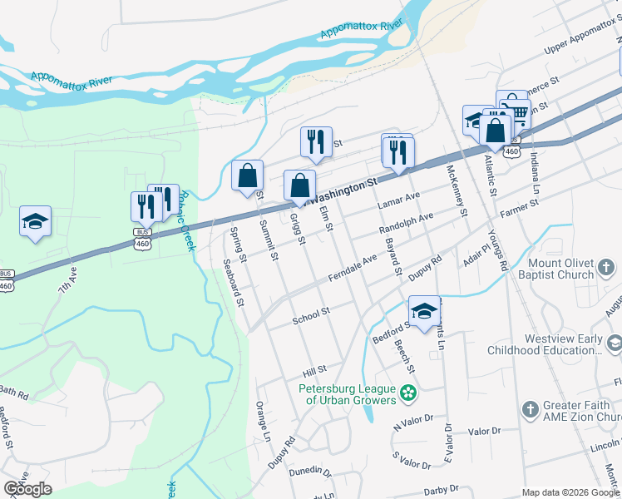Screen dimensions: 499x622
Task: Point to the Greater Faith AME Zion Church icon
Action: coord(530,409)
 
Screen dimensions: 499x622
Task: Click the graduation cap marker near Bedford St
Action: coord(424,312)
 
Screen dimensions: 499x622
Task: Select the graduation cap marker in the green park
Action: coord(35,222)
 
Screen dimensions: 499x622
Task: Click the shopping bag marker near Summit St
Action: coord(247,176)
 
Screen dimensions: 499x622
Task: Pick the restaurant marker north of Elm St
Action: coord(316,143)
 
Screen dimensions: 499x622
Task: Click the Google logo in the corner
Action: coord(27,489)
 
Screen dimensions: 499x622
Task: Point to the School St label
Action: coord(312,315)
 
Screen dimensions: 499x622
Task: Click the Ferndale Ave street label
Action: coord(354,266)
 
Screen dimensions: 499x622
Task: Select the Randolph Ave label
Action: coord(406,223)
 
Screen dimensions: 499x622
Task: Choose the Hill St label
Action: coord(314,368)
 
